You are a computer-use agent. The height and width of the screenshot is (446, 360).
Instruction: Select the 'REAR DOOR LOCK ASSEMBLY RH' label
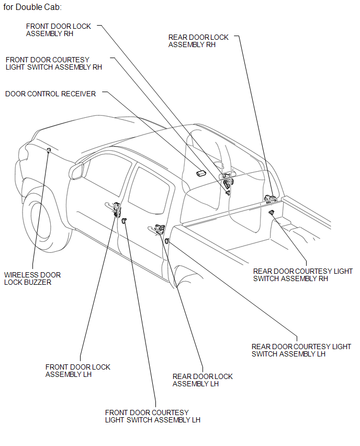(x=198, y=41)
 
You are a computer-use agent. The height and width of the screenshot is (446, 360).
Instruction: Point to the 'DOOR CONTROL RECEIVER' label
(x=50, y=94)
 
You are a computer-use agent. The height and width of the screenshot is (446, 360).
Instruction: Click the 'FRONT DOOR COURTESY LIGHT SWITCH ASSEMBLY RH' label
(x=53, y=63)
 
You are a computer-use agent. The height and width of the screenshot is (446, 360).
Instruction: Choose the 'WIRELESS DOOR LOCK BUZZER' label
(x=32, y=278)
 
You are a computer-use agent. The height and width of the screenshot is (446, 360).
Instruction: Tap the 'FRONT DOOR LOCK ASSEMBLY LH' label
(x=78, y=371)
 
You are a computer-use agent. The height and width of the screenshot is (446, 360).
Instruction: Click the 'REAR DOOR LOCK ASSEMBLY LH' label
(x=203, y=380)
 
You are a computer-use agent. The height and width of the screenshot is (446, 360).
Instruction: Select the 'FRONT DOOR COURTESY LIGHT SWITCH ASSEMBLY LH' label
(x=152, y=416)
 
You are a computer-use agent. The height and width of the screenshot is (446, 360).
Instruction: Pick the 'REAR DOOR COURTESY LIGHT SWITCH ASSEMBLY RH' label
(x=302, y=275)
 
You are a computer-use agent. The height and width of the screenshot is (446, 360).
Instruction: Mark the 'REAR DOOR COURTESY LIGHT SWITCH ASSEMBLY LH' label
(x=301, y=350)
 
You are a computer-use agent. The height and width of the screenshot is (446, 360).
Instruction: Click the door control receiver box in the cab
(x=201, y=173)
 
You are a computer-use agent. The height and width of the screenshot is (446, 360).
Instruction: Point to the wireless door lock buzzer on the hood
(x=49, y=151)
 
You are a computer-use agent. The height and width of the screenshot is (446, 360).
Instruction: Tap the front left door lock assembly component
(x=116, y=208)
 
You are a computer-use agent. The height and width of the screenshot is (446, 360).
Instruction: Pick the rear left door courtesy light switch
(x=166, y=241)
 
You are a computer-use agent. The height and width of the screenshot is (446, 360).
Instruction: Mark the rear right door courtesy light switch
(x=272, y=212)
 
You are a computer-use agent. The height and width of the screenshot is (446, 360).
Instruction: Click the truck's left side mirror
(x=76, y=171)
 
